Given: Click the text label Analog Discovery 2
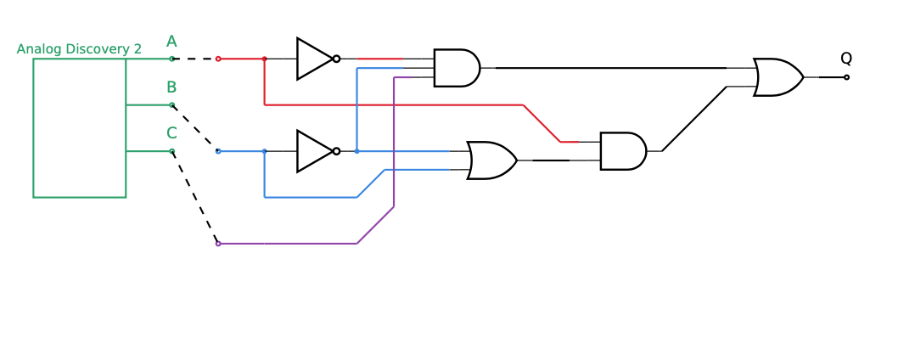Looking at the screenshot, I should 79,49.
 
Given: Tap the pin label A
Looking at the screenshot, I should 171,42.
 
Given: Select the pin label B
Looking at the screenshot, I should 171,87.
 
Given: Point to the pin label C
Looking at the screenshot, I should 171,133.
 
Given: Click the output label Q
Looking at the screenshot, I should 846,59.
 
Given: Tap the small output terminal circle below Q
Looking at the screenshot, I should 846,77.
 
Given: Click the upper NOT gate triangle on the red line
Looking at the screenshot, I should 313,59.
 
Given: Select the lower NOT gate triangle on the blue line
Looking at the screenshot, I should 313,151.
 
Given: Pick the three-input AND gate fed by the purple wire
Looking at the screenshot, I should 456,68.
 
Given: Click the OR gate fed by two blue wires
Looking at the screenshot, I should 491,160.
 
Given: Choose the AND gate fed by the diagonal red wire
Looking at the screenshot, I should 622,151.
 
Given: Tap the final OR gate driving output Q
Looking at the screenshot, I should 777,77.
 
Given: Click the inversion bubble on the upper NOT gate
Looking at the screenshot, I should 337,59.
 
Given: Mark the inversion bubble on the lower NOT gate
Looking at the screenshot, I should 337,151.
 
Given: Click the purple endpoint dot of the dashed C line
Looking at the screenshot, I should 218,244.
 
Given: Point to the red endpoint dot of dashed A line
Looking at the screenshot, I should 218,59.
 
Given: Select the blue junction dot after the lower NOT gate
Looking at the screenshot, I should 356,151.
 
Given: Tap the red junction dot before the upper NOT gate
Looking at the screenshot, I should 265,59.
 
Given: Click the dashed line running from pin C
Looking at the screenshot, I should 195,198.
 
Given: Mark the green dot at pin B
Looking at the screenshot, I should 171,105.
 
